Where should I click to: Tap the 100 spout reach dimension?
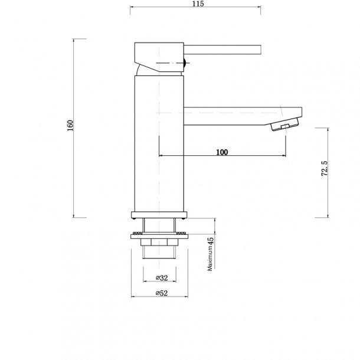coord(222,152)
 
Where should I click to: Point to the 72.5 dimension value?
coord(323,171)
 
